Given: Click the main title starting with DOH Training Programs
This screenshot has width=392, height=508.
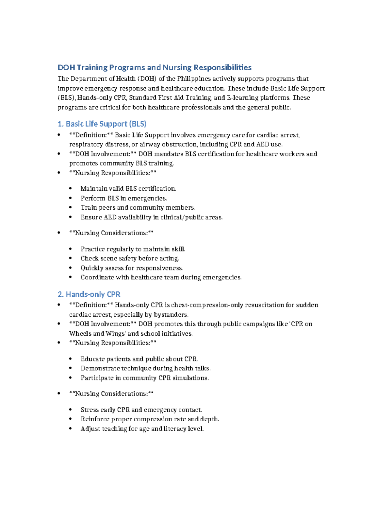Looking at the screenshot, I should (x=155, y=68).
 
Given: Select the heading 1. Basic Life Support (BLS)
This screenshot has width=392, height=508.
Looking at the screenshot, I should (x=102, y=124).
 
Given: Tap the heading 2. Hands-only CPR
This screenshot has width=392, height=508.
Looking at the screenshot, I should (x=89, y=294).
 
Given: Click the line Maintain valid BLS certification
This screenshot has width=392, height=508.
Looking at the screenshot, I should (x=128, y=189).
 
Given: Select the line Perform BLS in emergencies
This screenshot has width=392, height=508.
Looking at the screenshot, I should (x=124, y=198).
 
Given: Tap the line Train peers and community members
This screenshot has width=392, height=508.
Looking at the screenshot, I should (x=138, y=208).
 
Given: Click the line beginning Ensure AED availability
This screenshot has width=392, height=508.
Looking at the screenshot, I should (x=152, y=217).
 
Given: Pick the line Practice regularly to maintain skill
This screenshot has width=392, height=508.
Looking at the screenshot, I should (x=133, y=249).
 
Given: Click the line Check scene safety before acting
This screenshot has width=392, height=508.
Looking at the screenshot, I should (x=130, y=258).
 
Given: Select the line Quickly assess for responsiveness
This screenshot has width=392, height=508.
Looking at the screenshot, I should (x=132, y=268).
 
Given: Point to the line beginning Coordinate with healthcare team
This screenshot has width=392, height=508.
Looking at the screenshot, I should (x=161, y=277).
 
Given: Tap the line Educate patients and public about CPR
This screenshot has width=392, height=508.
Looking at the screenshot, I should (x=139, y=359).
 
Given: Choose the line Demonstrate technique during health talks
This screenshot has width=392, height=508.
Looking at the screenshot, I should (x=145, y=368).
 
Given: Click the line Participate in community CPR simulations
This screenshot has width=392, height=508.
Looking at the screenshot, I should (x=145, y=378).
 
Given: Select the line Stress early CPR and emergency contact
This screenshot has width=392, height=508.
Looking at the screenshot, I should (x=141, y=410).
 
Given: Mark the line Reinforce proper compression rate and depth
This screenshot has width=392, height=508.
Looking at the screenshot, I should (x=150, y=419).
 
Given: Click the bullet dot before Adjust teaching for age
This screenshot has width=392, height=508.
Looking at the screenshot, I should (x=70, y=429).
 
